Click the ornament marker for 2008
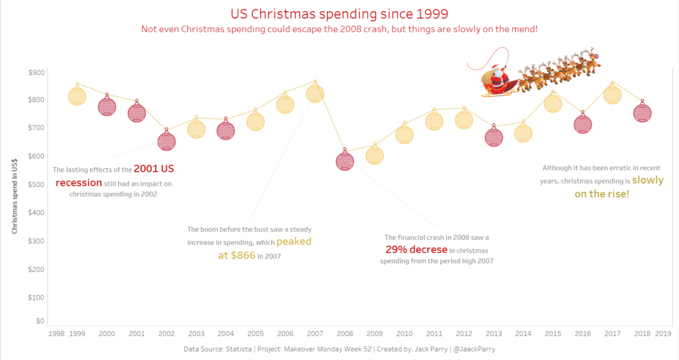coord(345,160)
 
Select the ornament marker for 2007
coord(315,93)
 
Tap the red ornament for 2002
coord(166,141)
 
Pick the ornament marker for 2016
coord(583,123)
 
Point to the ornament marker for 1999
coord(78,96)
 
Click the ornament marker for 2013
coord(493,137)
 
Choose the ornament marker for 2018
coord(642,113)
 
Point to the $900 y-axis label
coord(37,72)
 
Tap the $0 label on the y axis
coord(40,321)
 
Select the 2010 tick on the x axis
coord(404,333)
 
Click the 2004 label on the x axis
coord(225,333)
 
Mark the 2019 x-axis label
coord(663,333)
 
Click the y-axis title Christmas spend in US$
coord(15,197)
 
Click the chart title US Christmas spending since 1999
coord(339,13)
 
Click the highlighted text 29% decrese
coord(416,249)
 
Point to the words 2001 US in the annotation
coord(154,169)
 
